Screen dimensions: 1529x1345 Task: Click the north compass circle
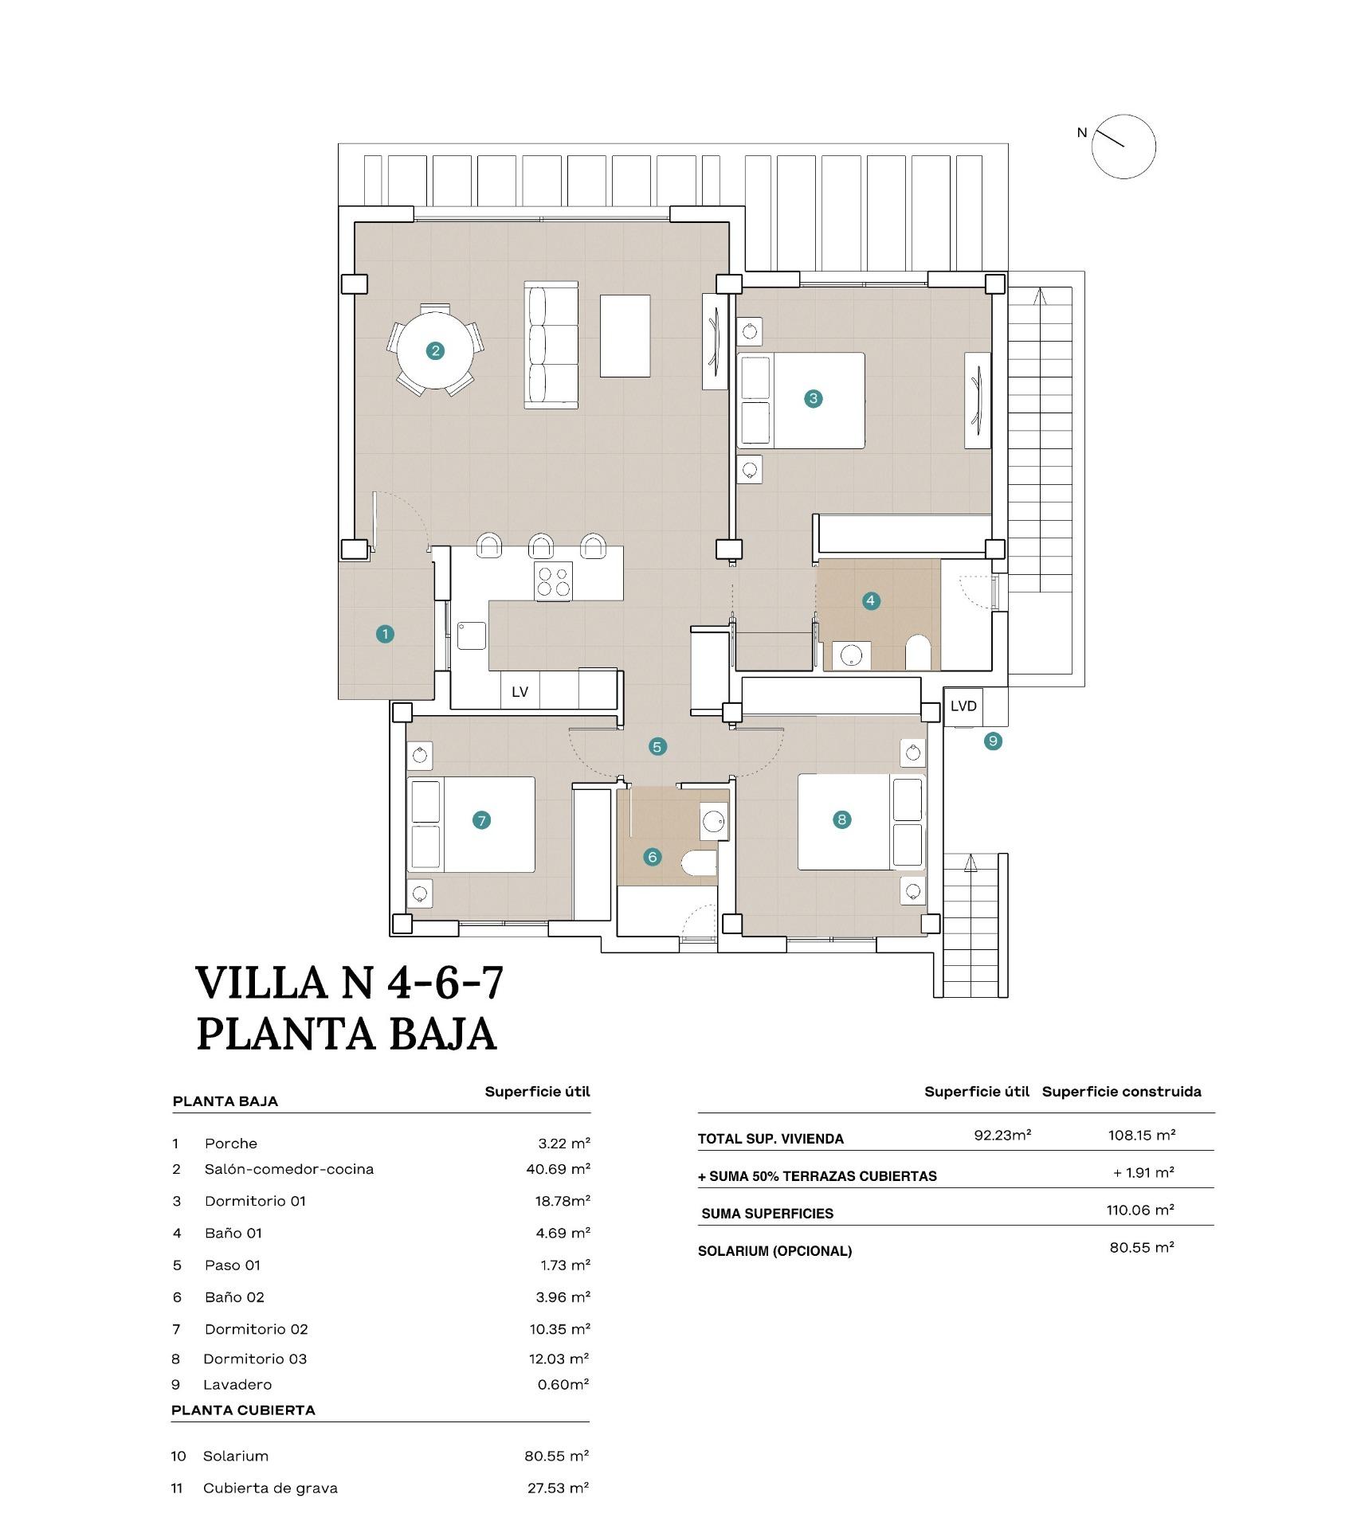pos(1123,146)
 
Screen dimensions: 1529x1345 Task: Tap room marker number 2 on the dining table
pos(435,350)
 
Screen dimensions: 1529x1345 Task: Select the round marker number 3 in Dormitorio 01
pos(813,398)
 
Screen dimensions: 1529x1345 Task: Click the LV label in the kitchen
pos(520,692)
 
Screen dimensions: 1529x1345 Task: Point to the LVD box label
pos(963,706)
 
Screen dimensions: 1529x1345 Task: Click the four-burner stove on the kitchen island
pos(554,581)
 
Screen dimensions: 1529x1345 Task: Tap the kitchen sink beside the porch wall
pos(471,635)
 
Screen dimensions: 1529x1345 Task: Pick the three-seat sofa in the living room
pos(551,345)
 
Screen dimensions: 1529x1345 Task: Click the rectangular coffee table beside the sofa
pos(625,335)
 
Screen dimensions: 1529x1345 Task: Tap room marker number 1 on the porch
pos(385,634)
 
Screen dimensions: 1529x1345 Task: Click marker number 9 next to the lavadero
pos(992,741)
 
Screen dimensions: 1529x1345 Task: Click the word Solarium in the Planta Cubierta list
pos(235,1456)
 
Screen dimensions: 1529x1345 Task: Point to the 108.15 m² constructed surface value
pos(1141,1135)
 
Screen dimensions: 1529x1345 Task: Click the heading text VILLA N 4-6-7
pos(350,982)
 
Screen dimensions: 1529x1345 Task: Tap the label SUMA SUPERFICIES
pos(767,1214)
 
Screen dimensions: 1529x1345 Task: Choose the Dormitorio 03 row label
pos(255,1359)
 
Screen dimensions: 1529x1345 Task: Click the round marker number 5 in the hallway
pos(657,747)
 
